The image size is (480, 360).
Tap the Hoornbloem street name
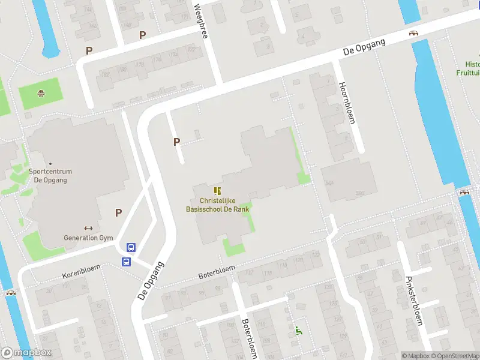tap(347, 103)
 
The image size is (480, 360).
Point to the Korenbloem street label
tap(79, 275)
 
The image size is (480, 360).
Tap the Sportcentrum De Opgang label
tap(50, 175)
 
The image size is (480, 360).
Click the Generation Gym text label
tap(88, 238)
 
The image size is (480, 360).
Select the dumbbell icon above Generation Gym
tap(88, 228)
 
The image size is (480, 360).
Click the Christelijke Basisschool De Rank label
tap(217, 205)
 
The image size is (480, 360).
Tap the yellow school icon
tap(217, 191)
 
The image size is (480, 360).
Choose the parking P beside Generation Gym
tap(118, 212)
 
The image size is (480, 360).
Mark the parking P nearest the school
tap(176, 142)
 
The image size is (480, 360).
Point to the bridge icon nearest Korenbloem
tap(10, 293)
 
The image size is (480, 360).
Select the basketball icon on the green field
tap(41, 93)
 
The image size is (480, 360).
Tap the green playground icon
tap(298, 329)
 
